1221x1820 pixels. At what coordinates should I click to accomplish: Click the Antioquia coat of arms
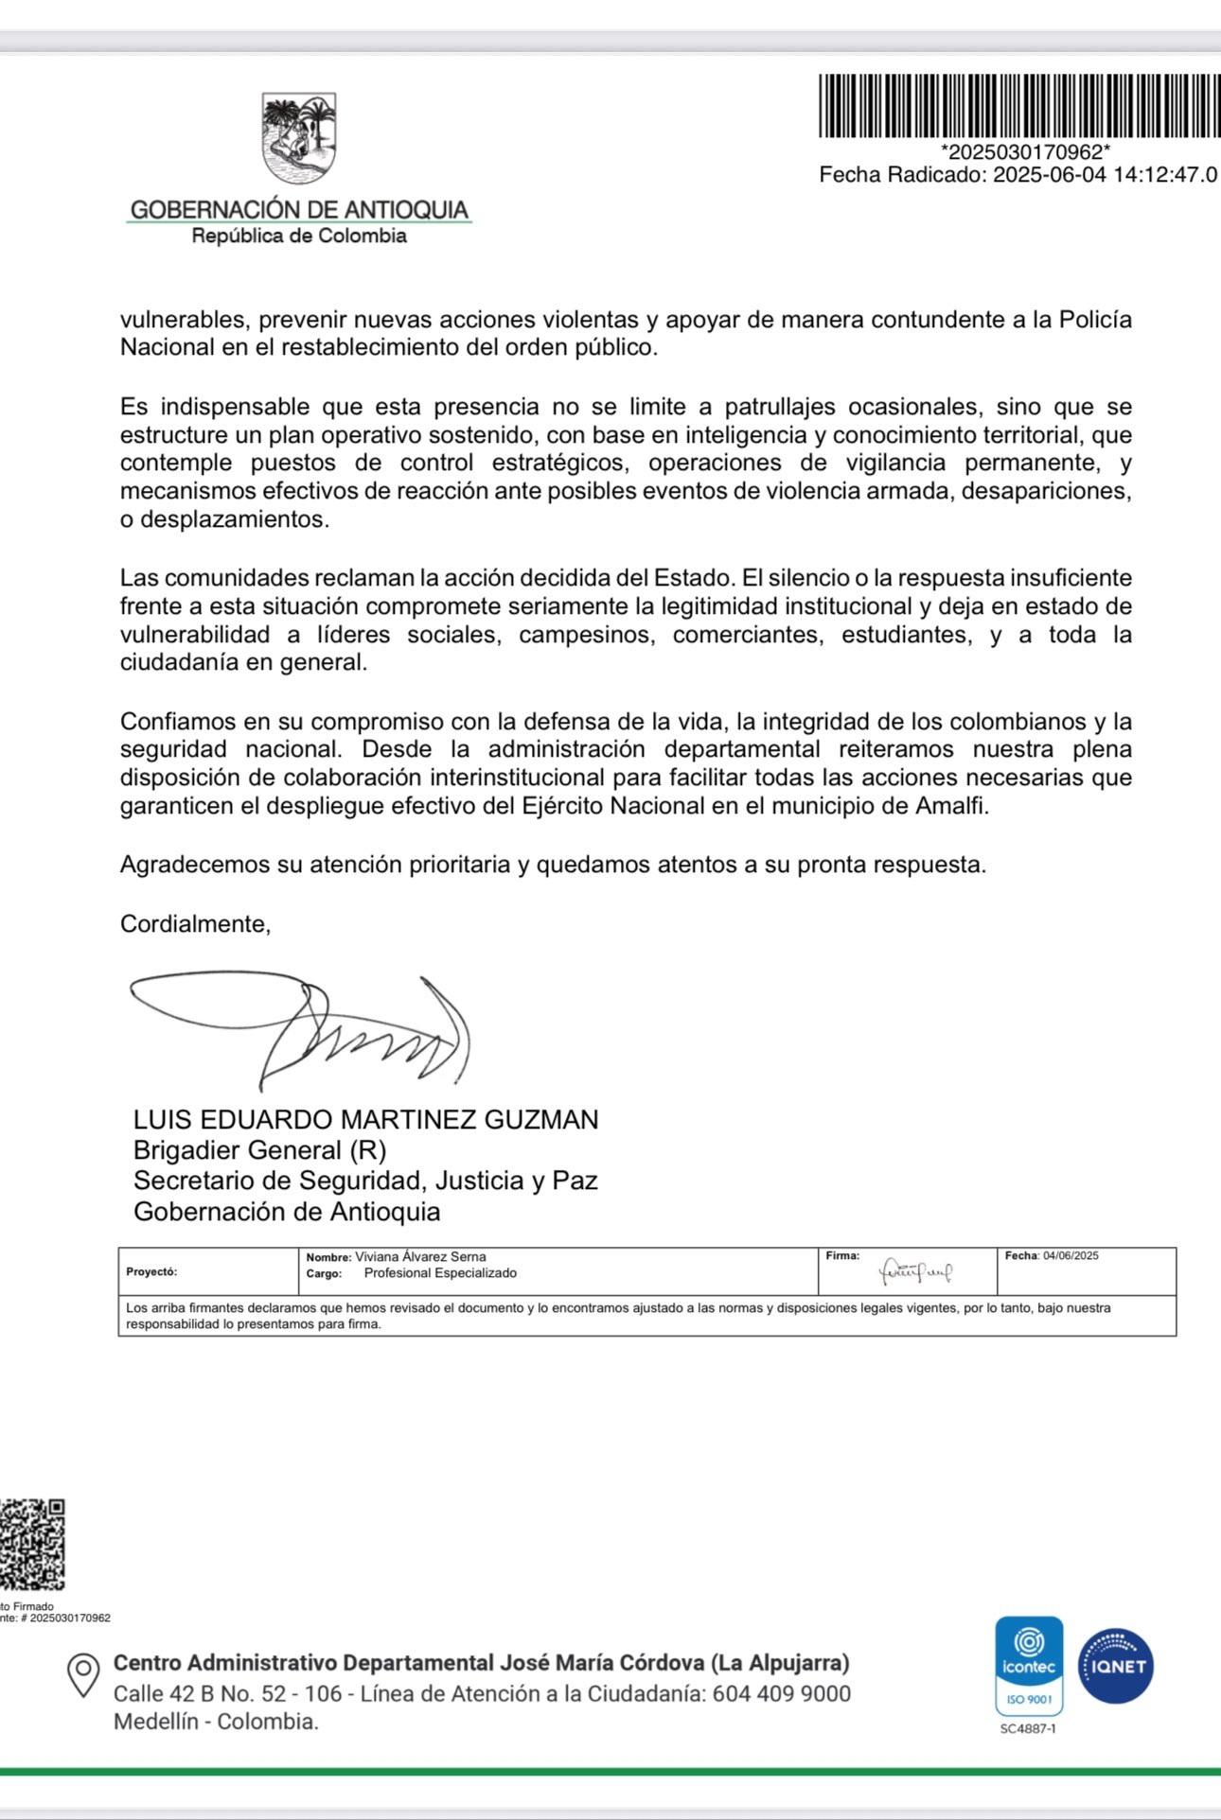point(299,139)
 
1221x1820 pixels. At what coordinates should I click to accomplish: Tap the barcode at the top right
point(1018,106)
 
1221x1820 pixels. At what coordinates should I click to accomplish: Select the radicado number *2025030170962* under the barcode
point(1025,152)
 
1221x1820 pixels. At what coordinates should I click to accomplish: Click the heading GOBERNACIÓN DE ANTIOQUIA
point(299,209)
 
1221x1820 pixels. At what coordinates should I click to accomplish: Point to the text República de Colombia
point(299,236)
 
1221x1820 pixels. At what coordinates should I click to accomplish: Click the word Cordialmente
point(195,924)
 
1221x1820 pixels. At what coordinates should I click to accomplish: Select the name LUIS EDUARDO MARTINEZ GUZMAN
point(365,1120)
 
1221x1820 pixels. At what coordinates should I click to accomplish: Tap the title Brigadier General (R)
point(259,1150)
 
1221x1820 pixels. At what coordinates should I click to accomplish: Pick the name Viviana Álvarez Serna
point(420,1257)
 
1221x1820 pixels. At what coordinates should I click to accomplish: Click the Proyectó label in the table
point(151,1272)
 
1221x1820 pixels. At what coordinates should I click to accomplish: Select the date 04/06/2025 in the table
point(1071,1256)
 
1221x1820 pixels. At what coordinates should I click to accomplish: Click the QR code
point(32,1544)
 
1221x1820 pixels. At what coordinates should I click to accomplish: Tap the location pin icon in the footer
point(83,1675)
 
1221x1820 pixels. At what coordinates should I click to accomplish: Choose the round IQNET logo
point(1116,1667)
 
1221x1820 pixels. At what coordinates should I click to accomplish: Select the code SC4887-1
point(1028,1729)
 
